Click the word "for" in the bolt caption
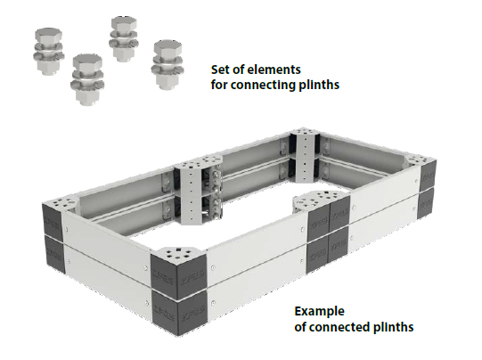(219, 85)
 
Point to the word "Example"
(319, 311)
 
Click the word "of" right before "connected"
(300, 326)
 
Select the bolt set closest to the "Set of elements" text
(167, 64)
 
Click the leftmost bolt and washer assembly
(48, 51)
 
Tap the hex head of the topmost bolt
(124, 24)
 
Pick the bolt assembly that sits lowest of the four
(87, 79)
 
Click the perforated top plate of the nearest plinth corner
(178, 254)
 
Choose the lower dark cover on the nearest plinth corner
(178, 314)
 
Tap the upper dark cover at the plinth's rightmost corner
(428, 176)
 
